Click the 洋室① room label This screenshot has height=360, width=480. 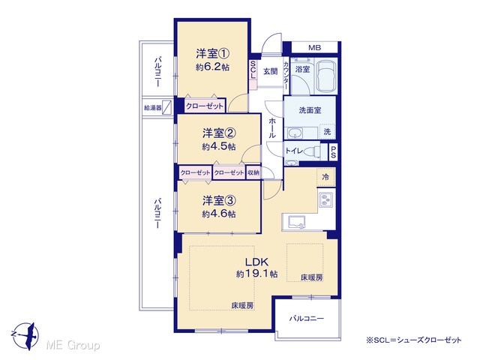[x=213, y=54]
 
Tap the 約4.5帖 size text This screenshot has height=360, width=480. [x=219, y=147]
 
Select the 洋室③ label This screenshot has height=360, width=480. [x=219, y=201]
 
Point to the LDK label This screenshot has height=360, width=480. [x=256, y=262]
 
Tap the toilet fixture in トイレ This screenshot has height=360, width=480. [x=313, y=151]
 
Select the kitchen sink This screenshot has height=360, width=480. [x=293, y=222]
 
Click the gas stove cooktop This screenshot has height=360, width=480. [x=326, y=200]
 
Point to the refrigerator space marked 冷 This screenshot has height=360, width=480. [x=325, y=177]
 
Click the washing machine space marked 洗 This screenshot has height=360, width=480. [x=327, y=132]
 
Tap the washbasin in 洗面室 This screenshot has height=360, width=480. [x=295, y=133]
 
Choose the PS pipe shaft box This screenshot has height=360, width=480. [x=333, y=151]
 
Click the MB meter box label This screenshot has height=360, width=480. [x=314, y=48]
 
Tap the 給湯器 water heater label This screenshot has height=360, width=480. [x=152, y=108]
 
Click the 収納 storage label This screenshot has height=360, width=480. [x=253, y=172]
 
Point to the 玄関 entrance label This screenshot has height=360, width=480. [x=271, y=72]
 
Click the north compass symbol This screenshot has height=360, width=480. [x=27, y=335]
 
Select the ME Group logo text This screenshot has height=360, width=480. [x=73, y=346]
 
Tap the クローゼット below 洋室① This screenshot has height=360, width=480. [x=205, y=106]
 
